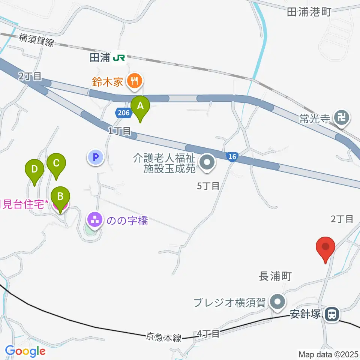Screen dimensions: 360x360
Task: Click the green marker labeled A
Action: (140, 106)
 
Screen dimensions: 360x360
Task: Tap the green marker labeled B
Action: (60, 196)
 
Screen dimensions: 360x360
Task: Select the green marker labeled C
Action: (56, 163)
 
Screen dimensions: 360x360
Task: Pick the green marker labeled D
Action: (34, 169)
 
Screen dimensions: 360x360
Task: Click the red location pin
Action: (325, 247)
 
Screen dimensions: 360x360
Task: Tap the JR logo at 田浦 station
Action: (120, 58)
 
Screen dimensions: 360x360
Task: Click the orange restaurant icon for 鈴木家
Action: (133, 80)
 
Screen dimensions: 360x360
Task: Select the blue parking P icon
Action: (95, 157)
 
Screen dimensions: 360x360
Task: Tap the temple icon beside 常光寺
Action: (342, 118)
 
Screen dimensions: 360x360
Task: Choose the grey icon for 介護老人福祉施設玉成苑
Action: (206, 163)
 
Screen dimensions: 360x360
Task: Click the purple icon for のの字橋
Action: (94, 220)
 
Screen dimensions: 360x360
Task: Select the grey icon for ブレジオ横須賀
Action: (278, 302)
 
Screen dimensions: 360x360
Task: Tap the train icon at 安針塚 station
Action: (331, 314)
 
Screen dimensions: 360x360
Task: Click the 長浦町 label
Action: (275, 277)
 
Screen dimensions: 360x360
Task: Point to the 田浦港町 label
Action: (309, 12)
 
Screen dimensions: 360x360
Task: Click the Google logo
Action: (25, 351)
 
